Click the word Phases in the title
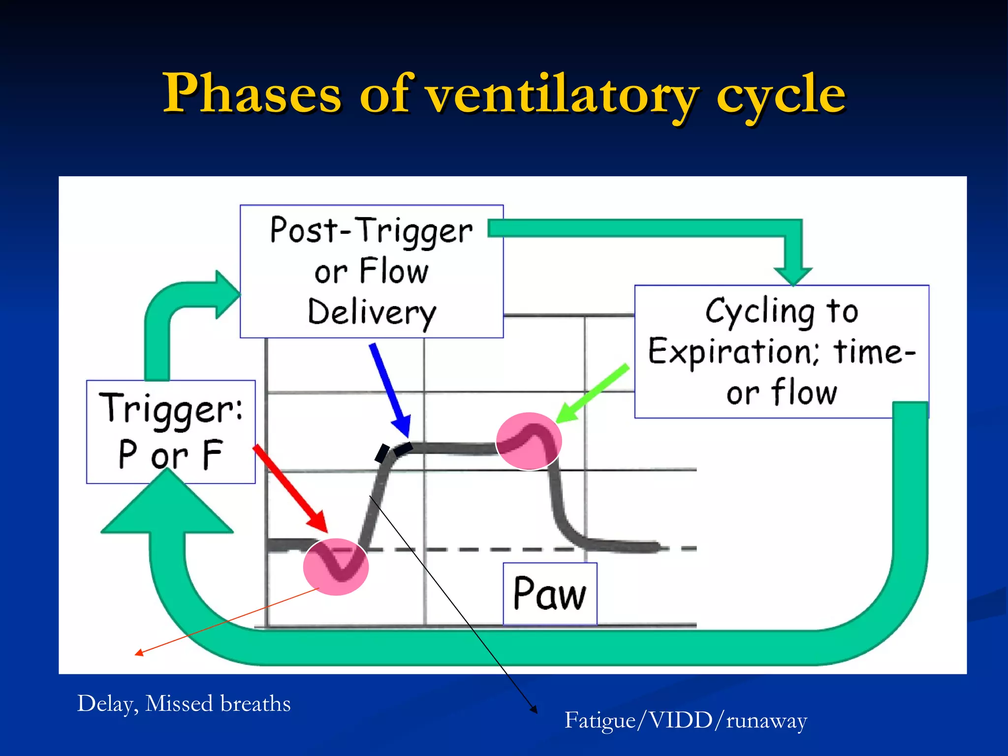tap(252, 94)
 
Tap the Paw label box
tap(550, 594)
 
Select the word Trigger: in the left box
tap(171, 409)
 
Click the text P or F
tap(170, 454)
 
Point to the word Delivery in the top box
tap(372, 313)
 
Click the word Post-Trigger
tap(372, 230)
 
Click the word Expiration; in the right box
tap(733, 352)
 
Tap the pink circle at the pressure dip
tap(336, 567)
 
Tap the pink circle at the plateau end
tap(529, 441)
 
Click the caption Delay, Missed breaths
tap(184, 703)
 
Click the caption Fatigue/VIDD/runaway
tap(686, 721)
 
